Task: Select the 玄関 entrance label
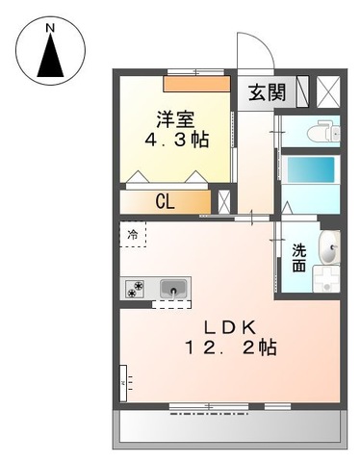tap(267, 93)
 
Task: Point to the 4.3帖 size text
tap(176, 140)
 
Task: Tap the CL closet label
tap(167, 201)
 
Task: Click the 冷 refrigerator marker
tap(133, 235)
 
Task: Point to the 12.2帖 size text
tap(232, 347)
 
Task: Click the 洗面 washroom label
tap(299, 257)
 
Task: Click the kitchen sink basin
tap(173, 288)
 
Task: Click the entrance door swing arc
tap(247, 53)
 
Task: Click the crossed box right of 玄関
tap(329, 93)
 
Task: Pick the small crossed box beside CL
tap(224, 201)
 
